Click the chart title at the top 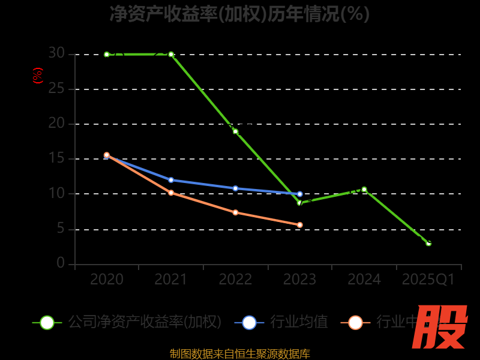click(240, 13)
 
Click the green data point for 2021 click(171, 54)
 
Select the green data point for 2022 click(235, 131)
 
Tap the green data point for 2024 click(364, 190)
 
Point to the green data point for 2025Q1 click(428, 243)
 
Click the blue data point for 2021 click(171, 180)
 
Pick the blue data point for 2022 click(235, 188)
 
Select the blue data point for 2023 click(300, 194)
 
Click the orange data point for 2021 click(171, 193)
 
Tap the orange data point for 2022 click(235, 212)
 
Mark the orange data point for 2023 click(300, 225)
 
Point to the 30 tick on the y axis click(56, 53)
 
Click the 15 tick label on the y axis click(56, 158)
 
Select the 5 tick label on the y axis click(61, 229)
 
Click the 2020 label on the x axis click(107, 280)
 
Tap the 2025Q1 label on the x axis click(428, 280)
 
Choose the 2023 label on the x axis click(300, 280)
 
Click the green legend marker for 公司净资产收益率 click(47, 322)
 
